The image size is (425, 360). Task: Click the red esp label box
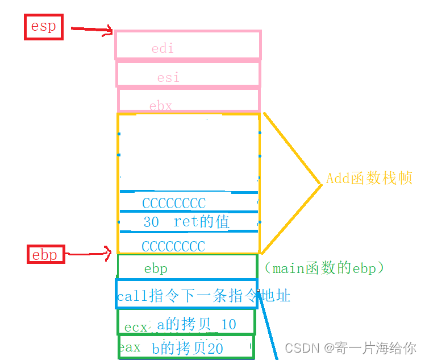(x=43, y=27)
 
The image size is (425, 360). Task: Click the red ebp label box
(x=45, y=254)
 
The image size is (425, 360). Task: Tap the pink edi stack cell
(x=188, y=45)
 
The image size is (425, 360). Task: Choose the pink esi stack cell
(x=188, y=74)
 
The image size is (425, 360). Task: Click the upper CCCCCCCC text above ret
(x=174, y=203)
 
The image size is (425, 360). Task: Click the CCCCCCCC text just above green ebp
(x=173, y=246)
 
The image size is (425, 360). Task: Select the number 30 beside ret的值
(x=151, y=222)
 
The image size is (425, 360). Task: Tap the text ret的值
(x=202, y=222)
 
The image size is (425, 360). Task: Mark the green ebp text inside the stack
(x=156, y=268)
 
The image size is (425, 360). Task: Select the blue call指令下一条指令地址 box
(x=186, y=295)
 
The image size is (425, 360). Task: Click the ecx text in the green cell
(x=136, y=327)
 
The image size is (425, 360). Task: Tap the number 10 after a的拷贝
(x=228, y=325)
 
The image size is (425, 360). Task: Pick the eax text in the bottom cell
(x=130, y=347)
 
